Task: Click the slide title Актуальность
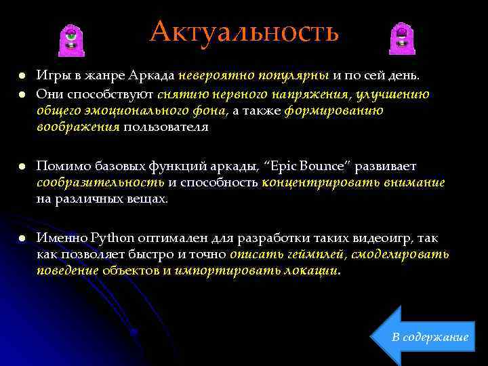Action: pos(244,31)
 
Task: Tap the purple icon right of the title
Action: pos(401,39)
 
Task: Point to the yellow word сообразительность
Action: pos(100,182)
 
